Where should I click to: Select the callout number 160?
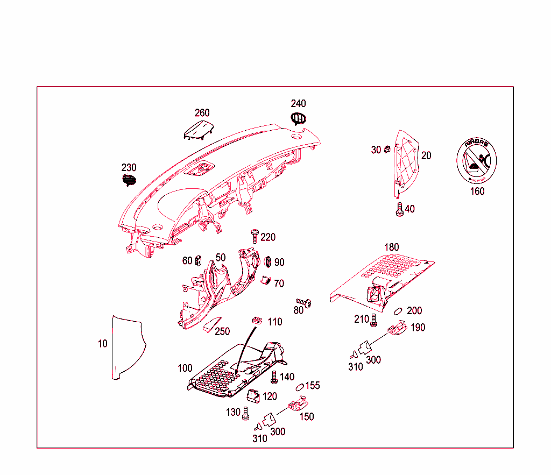pyautogui.click(x=477, y=191)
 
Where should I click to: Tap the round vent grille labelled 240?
pyautogui.click(x=299, y=119)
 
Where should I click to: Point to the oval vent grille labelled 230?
pyautogui.click(x=129, y=180)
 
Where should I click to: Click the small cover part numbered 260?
pyautogui.click(x=199, y=130)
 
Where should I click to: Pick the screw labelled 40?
pyautogui.click(x=399, y=210)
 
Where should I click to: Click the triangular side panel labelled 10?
pyautogui.click(x=126, y=347)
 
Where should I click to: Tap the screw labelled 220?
pyautogui.click(x=255, y=236)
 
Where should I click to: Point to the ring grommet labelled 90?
pyautogui.click(x=266, y=262)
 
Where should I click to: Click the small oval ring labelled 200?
pyautogui.click(x=399, y=310)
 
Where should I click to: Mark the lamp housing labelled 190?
pyautogui.click(x=397, y=327)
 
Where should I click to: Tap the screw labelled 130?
pyautogui.click(x=246, y=413)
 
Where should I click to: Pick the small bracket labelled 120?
pyautogui.click(x=253, y=395)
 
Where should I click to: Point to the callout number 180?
pyautogui.click(x=391, y=247)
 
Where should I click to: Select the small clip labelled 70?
pyautogui.click(x=265, y=281)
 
